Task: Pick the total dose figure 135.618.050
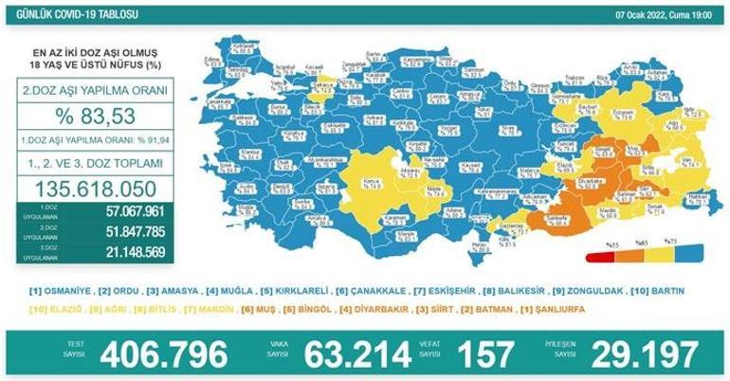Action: (95, 186)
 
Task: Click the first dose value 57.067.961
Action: (135, 211)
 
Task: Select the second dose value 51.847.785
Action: (135, 232)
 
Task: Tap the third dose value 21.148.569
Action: (135, 252)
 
